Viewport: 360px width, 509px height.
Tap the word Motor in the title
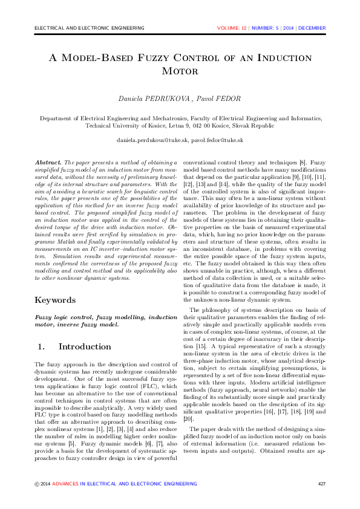tap(180, 71)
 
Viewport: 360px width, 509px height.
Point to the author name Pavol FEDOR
tap(220, 98)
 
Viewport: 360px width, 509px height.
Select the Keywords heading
tap(55, 300)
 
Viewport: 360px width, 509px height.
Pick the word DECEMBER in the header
tap(312, 28)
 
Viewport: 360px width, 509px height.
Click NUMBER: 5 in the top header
tap(266, 28)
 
